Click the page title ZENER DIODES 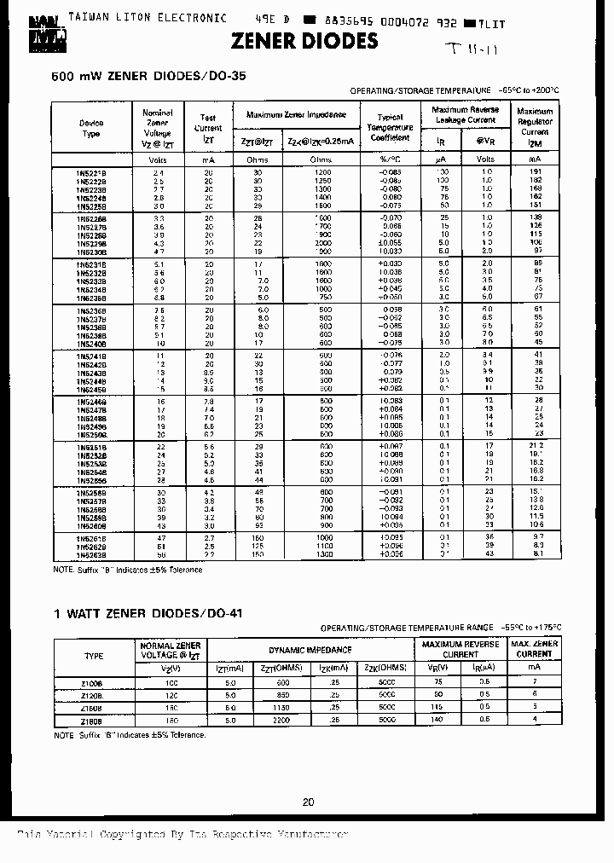pos(305,41)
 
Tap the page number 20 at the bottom pos(308,802)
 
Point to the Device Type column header pos(90,128)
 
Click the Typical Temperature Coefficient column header pos(390,127)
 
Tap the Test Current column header pos(208,123)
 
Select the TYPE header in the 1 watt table pos(94,656)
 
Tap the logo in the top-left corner pos(26,26)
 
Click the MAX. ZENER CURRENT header pos(534,649)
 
